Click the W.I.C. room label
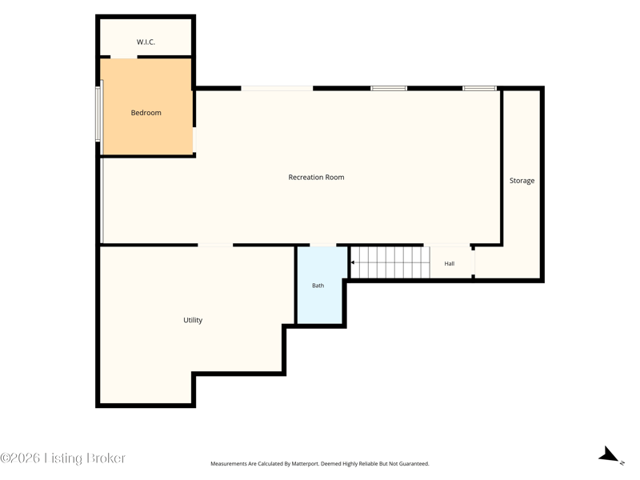(x=146, y=42)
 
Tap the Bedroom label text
(x=146, y=113)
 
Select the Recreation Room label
(x=316, y=177)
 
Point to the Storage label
(x=522, y=181)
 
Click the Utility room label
(x=193, y=320)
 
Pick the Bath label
(x=318, y=286)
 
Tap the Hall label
(x=450, y=264)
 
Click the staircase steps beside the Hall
(x=390, y=262)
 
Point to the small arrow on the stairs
(x=353, y=262)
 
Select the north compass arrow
(x=610, y=454)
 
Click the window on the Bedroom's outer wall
(x=98, y=114)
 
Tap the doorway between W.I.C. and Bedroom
(x=124, y=57)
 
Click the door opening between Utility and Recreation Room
(x=215, y=245)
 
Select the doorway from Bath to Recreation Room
(x=323, y=245)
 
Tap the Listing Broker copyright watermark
(x=62, y=458)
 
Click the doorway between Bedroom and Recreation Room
(x=194, y=139)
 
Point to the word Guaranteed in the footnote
(x=414, y=464)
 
